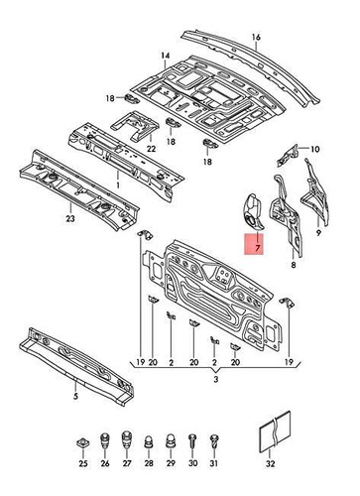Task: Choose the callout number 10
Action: coord(315,150)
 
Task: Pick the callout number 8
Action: coord(293,266)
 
